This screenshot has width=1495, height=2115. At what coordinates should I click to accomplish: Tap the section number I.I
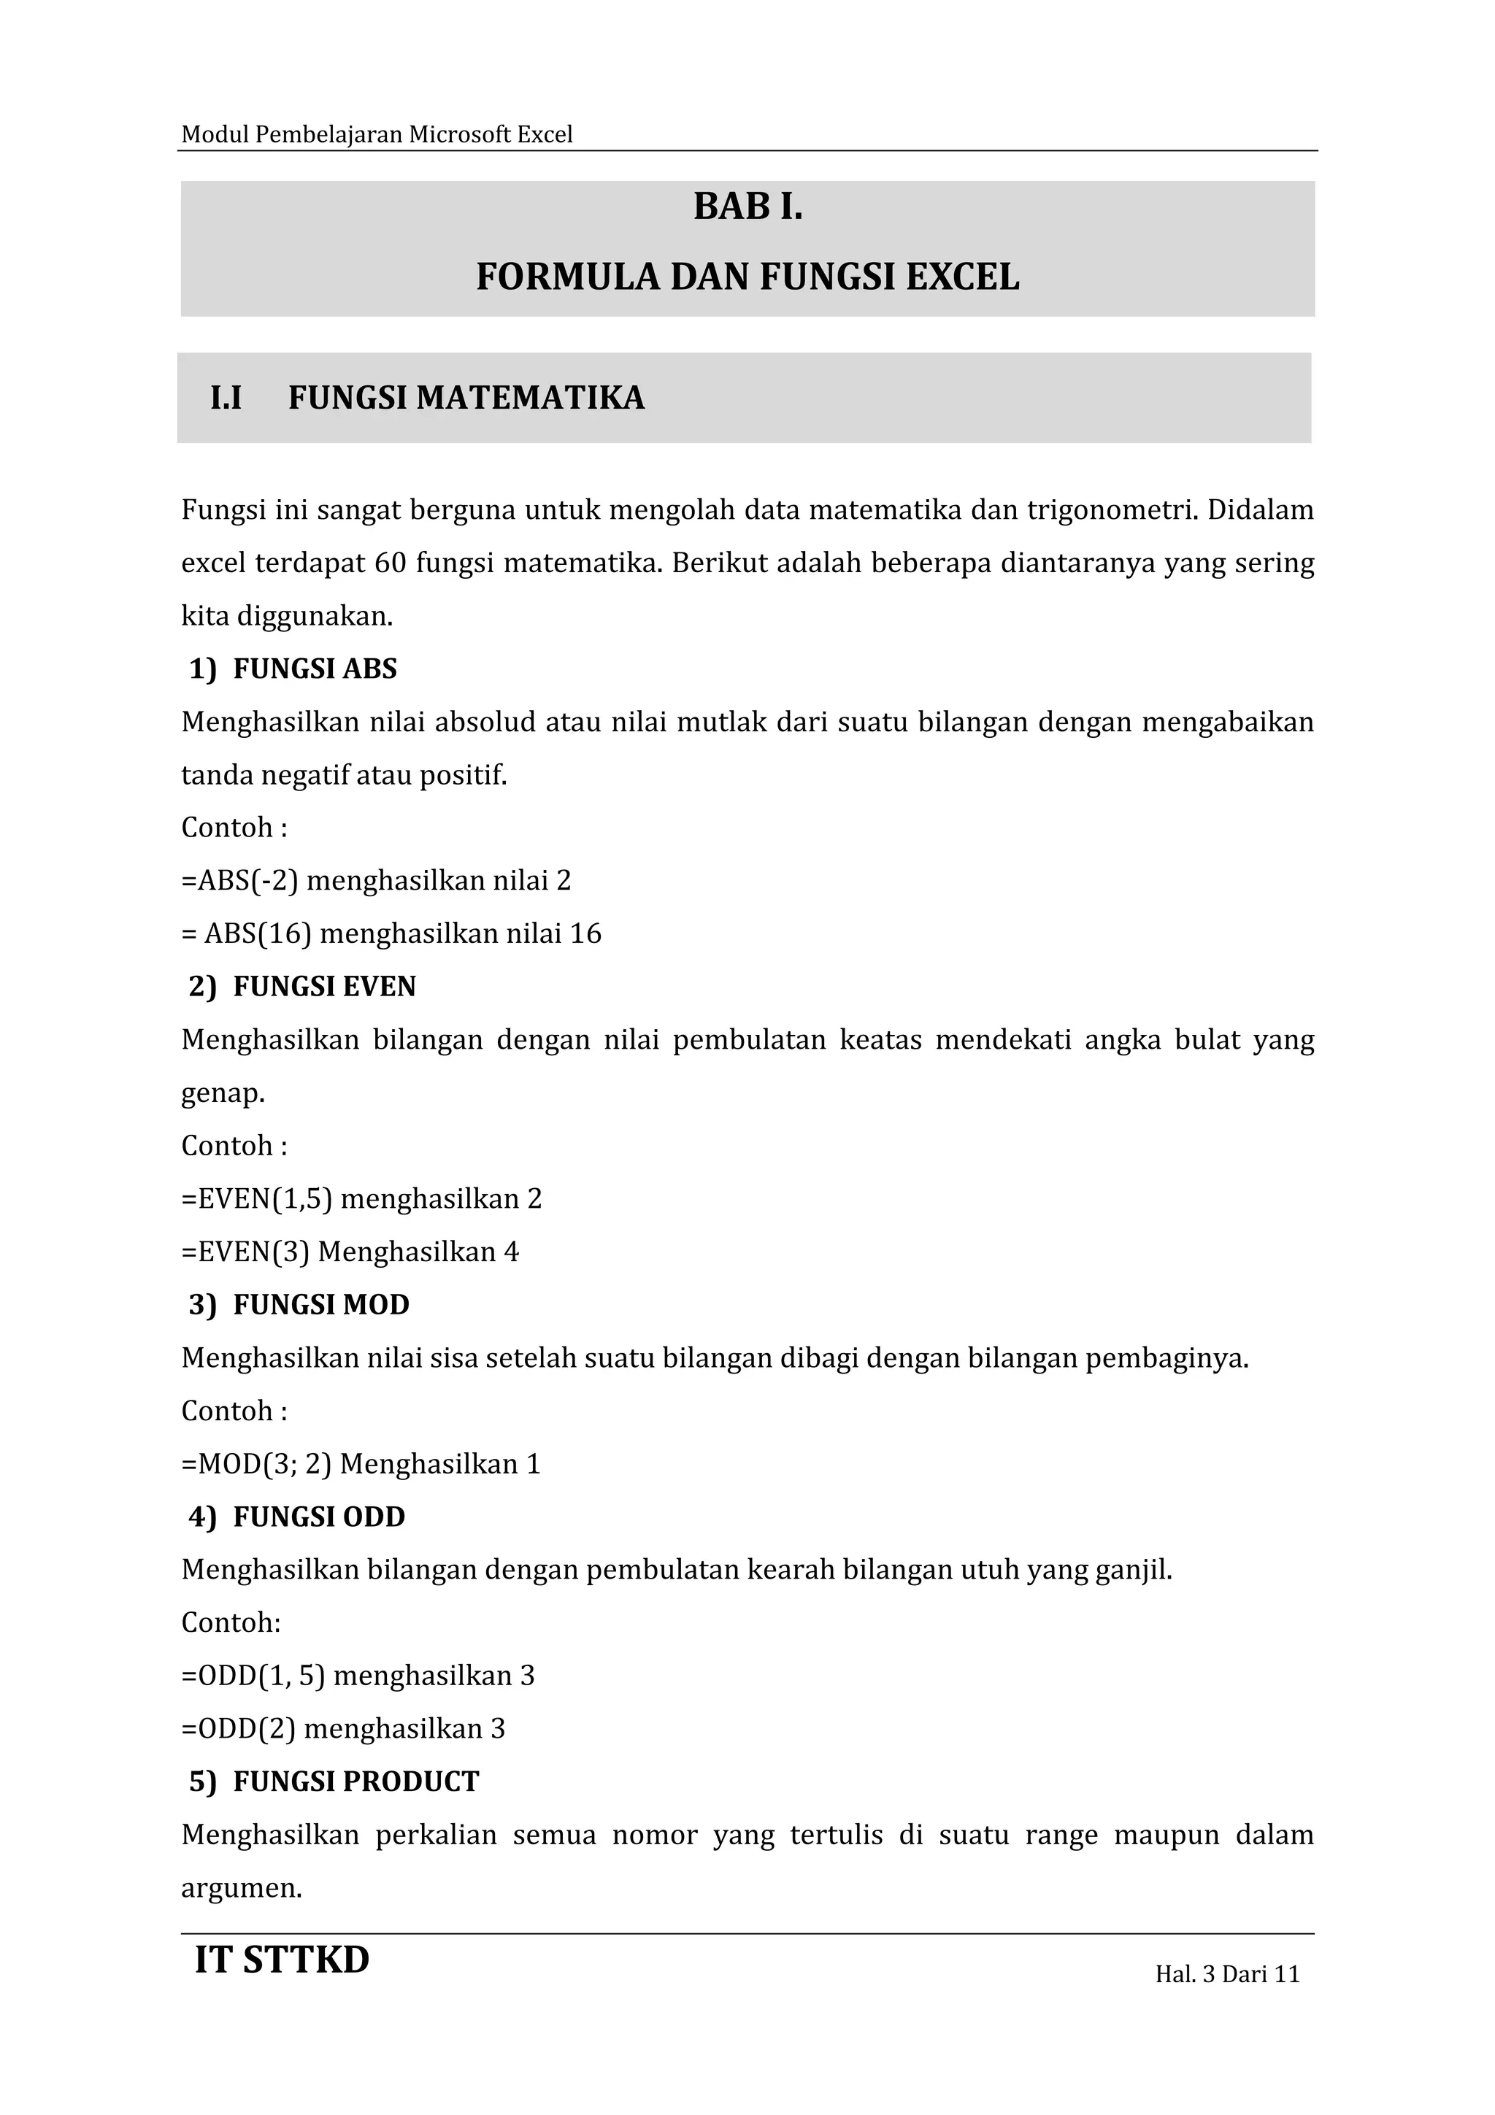coord(226,398)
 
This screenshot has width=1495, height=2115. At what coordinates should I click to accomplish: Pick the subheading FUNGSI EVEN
coord(324,987)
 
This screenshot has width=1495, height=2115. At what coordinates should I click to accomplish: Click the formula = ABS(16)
coord(246,934)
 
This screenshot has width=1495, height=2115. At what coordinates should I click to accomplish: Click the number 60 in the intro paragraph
coord(391,563)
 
